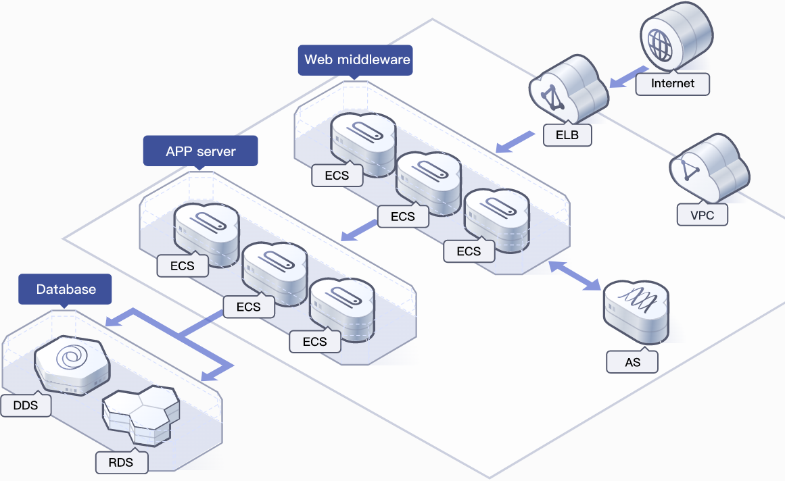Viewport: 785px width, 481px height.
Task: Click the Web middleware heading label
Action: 356,59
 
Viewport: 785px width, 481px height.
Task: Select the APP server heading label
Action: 200,151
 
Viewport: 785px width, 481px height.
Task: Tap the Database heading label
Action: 66,289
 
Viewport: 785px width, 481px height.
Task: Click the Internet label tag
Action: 673,83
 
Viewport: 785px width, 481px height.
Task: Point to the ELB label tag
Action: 568,134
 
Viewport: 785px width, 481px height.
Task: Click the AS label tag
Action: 632,362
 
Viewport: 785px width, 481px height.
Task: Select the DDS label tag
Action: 26,405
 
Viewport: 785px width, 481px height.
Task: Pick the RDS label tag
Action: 121,462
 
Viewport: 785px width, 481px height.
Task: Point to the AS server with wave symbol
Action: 636,311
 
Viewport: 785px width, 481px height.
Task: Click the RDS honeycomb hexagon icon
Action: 141,413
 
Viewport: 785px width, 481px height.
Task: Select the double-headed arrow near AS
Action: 575,276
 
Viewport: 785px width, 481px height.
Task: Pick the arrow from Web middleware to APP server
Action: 359,230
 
